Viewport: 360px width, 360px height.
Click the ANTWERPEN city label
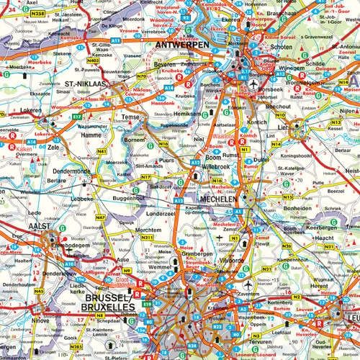coord(181,44)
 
